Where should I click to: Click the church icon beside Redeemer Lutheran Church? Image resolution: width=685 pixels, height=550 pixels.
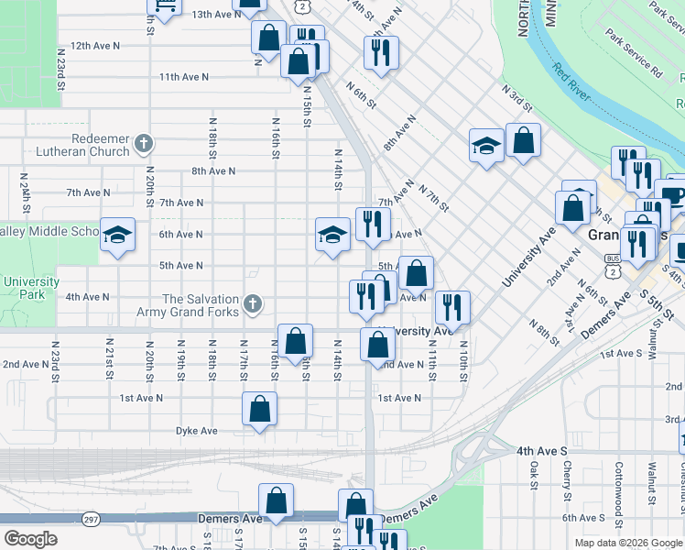click(144, 143)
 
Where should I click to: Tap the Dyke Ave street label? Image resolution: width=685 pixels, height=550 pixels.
click(197, 431)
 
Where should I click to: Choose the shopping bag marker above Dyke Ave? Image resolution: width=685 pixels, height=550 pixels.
click(259, 408)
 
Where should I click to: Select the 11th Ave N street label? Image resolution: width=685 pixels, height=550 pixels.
click(180, 77)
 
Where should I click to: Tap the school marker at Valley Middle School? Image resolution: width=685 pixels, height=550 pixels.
click(117, 234)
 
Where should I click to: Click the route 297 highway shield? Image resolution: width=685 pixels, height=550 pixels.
click(92, 519)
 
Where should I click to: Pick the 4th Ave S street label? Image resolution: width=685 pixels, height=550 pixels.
click(542, 451)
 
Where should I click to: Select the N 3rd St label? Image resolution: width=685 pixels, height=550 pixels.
click(517, 95)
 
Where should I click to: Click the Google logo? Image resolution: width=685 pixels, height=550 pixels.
click(31, 539)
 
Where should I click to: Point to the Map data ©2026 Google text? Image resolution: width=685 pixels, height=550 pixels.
click(628, 543)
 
